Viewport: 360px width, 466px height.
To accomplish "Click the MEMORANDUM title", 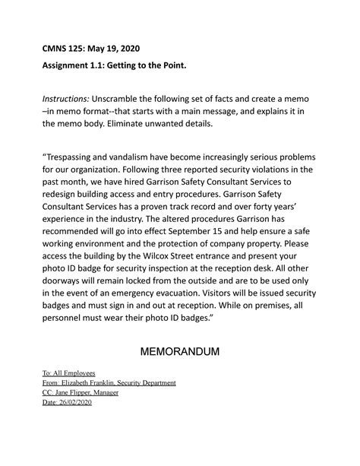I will coord(180,353).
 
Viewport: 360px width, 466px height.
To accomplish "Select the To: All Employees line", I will coord(68,374).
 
